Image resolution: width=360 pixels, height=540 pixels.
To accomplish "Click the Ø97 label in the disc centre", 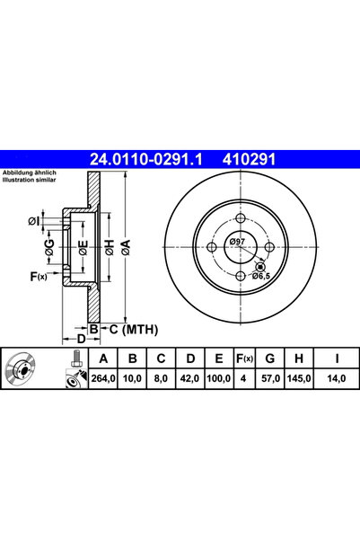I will click(238, 242).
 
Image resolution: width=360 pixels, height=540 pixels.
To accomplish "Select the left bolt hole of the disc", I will click(212, 248).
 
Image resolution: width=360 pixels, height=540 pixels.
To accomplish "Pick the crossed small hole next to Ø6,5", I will click(260, 265).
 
